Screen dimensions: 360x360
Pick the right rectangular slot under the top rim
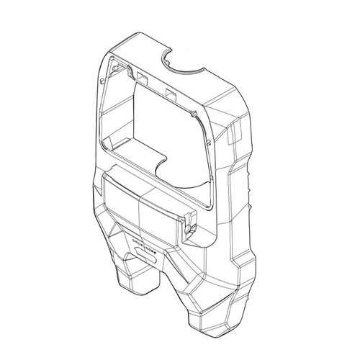coord(171,93)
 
